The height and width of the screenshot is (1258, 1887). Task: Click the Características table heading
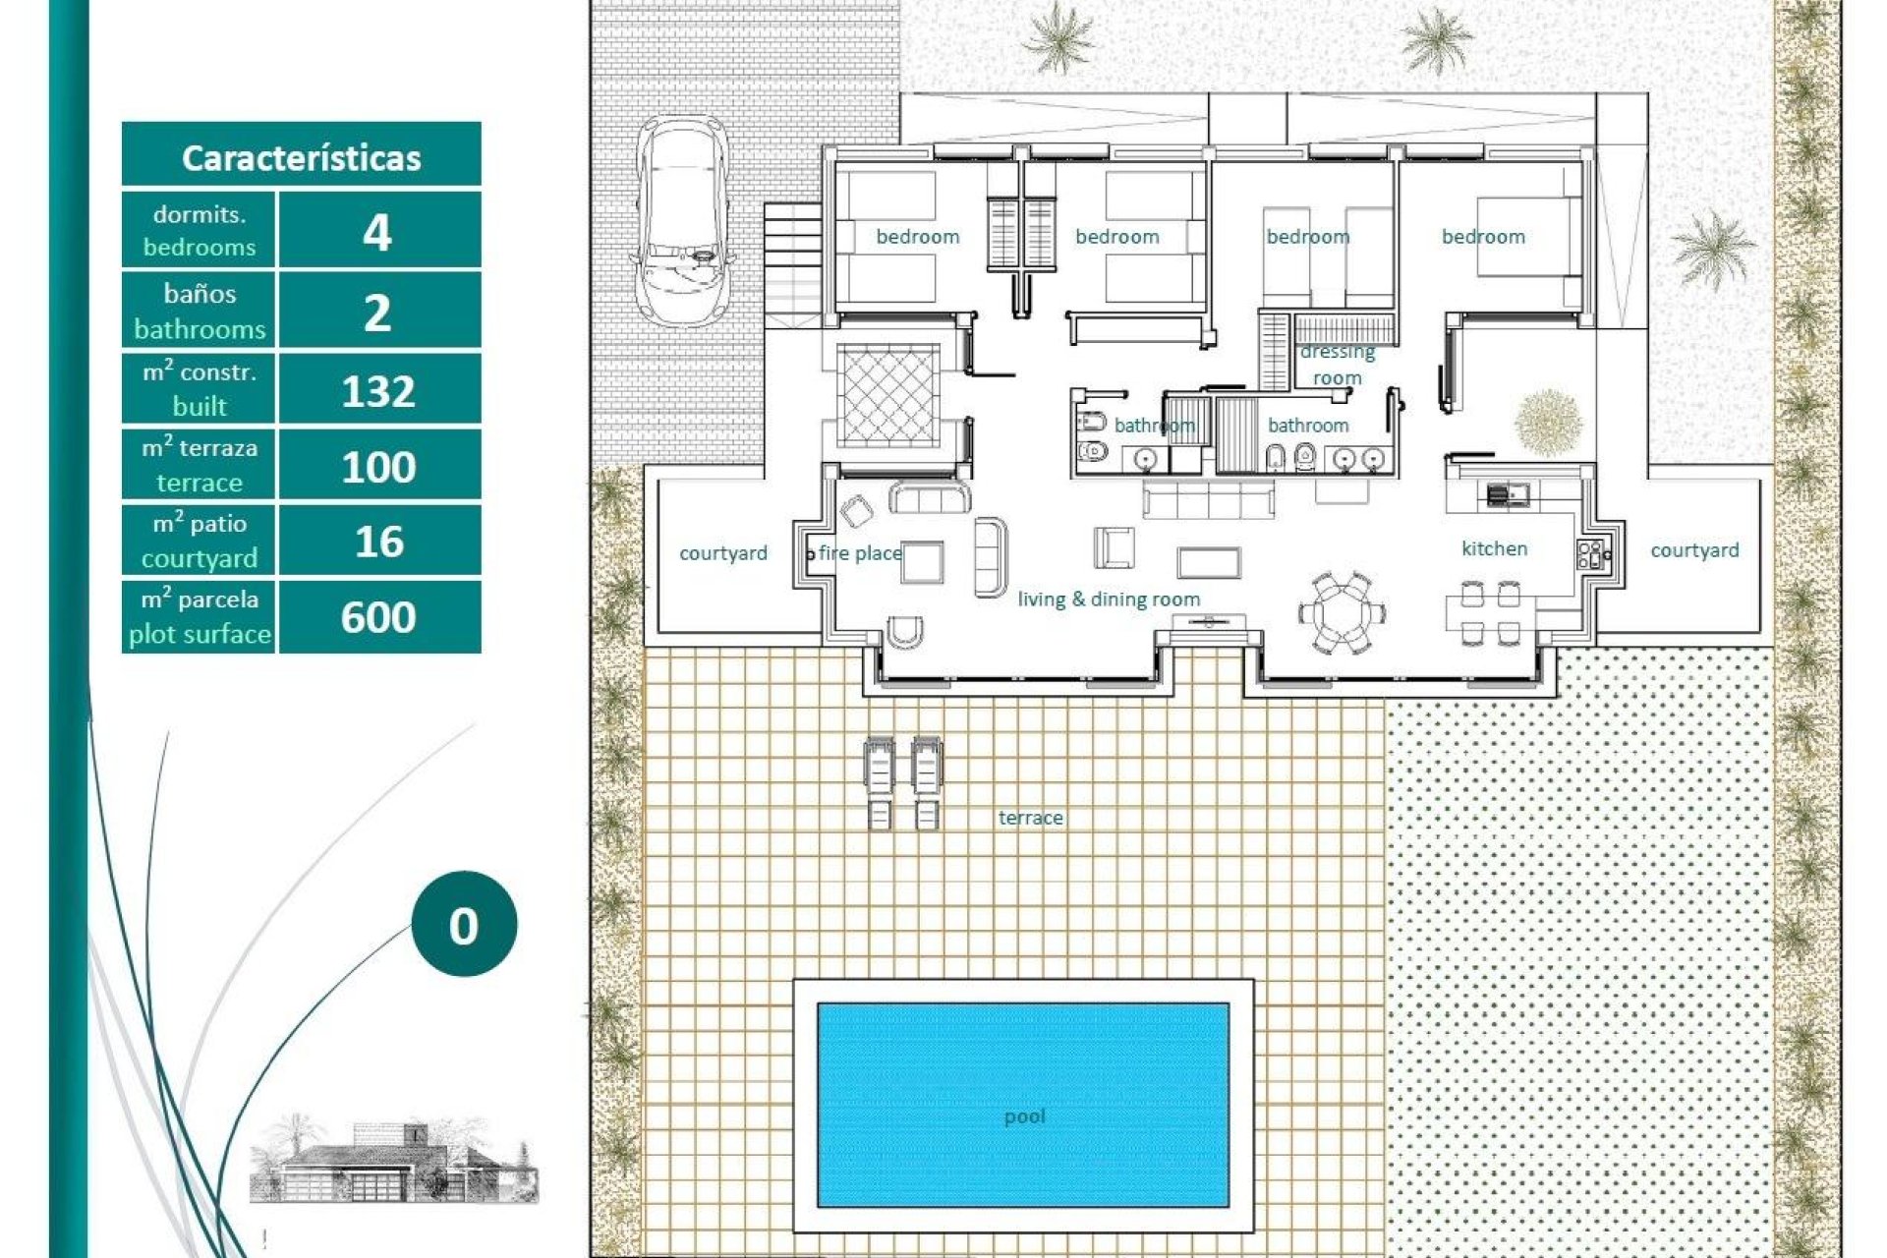click(x=301, y=157)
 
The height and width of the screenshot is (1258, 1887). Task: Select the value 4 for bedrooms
click(x=378, y=233)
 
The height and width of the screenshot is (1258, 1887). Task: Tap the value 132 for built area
click(x=378, y=391)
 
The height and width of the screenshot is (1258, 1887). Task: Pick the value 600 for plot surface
click(x=378, y=617)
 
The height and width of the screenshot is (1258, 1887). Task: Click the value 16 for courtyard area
click(x=378, y=542)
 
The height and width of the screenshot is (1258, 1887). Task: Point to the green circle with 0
click(x=464, y=924)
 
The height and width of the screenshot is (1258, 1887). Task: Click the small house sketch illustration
click(x=393, y=1160)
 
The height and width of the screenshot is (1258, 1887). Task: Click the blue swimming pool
click(x=1023, y=1105)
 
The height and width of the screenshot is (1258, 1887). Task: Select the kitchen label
click(x=1494, y=548)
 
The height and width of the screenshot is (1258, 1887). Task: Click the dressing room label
click(x=1337, y=365)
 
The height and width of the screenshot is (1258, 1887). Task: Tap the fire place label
click(x=860, y=553)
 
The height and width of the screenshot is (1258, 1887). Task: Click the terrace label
click(x=1030, y=818)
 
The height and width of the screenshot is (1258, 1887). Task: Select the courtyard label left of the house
click(x=723, y=553)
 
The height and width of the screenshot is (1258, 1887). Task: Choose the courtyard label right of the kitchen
click(x=1694, y=550)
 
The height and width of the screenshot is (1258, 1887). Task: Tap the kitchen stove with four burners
click(x=1589, y=554)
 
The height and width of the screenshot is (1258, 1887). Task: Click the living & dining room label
click(x=1109, y=600)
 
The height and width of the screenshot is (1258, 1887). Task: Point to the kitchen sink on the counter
click(x=1507, y=494)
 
